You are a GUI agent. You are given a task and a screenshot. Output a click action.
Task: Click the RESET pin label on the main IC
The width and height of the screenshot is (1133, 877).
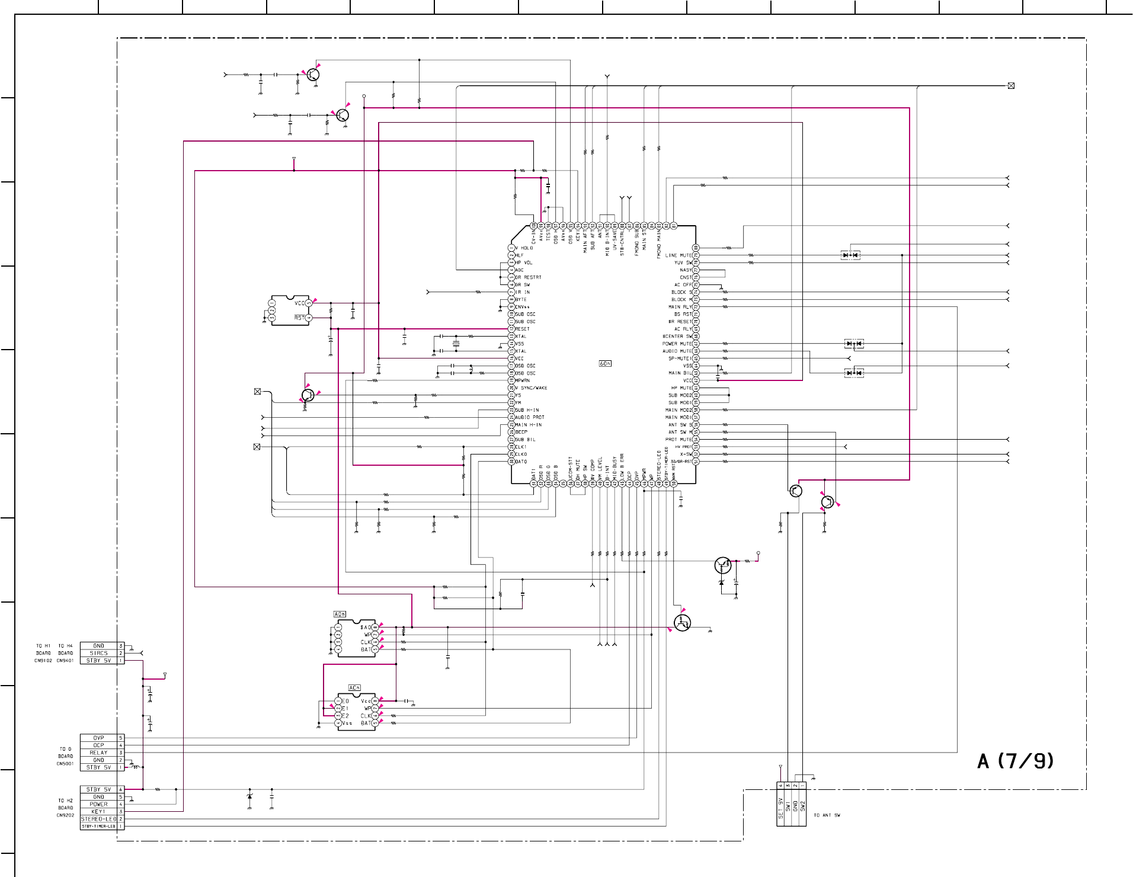[x=523, y=329]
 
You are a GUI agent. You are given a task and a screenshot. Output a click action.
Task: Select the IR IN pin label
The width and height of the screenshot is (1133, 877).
[x=523, y=292]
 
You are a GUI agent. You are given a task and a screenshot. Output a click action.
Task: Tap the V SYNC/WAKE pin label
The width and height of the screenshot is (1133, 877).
[x=532, y=388]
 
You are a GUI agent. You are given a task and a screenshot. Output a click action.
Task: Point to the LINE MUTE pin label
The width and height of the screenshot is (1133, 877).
[x=678, y=255]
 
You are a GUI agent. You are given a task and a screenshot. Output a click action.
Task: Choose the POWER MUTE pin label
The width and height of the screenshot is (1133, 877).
[x=677, y=344]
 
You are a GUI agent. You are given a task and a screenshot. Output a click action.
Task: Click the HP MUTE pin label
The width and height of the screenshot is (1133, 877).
[x=681, y=388]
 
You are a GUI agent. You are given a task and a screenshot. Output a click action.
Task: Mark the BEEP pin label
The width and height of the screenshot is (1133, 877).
[x=521, y=432]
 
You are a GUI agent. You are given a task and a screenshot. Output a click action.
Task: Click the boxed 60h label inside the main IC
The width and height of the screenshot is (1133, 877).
[x=605, y=363]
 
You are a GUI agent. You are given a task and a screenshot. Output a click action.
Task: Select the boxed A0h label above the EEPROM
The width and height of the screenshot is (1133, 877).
[x=340, y=614]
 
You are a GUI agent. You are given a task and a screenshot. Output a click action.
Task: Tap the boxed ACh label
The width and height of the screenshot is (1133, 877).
[x=354, y=688]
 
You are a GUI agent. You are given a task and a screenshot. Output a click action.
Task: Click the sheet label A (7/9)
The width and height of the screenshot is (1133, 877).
[x=1016, y=761]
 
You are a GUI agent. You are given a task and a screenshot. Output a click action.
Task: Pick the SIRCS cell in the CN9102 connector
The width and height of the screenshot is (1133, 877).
[x=98, y=653]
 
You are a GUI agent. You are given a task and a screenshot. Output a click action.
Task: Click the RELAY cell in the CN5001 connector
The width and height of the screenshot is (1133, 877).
[x=98, y=753]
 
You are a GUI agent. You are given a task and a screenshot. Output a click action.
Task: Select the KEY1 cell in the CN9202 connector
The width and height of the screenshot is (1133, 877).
[x=98, y=812]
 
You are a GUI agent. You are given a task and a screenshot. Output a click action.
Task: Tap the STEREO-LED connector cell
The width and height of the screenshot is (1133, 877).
[x=98, y=819]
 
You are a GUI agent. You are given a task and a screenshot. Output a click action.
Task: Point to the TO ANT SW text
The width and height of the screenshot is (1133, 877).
[x=827, y=815]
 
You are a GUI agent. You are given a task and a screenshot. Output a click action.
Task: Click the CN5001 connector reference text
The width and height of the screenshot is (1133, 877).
[x=65, y=764]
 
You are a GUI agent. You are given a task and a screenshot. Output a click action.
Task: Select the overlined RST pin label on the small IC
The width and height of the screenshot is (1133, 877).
[x=299, y=318]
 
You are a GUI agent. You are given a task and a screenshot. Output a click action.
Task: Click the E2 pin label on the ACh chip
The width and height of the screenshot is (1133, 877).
[x=345, y=716]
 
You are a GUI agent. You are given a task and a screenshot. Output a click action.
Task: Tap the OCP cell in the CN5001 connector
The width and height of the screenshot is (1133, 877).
[x=98, y=745]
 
